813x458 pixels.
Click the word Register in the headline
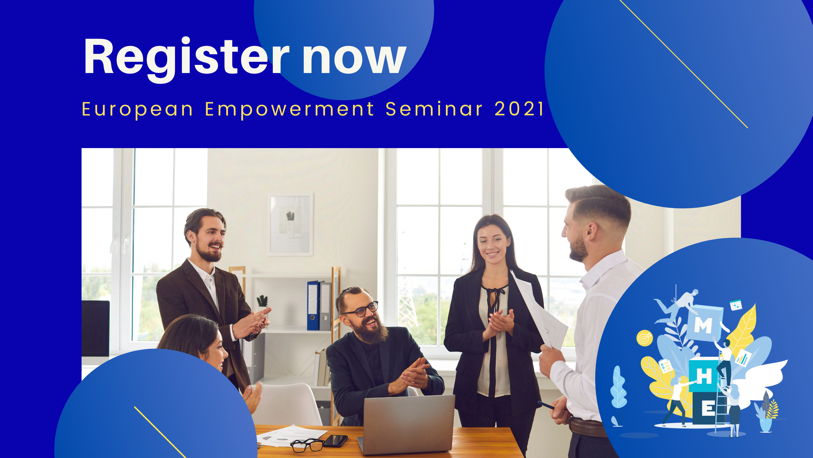point(186,60)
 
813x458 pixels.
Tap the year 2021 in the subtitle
point(519,109)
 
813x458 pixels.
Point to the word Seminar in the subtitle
point(434,109)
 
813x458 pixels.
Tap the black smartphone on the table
point(335,441)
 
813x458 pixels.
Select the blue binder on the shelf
point(313,305)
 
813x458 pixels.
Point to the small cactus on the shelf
point(262,302)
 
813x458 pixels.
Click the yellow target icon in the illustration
point(645,338)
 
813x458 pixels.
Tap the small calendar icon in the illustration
point(736,305)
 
